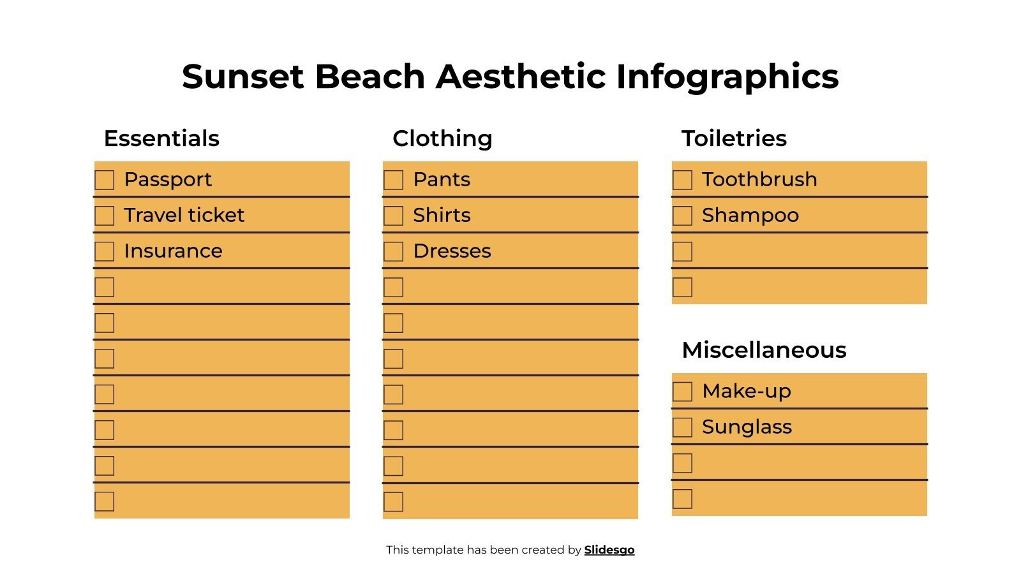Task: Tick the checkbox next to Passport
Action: click(x=105, y=180)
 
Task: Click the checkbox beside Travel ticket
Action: click(x=105, y=216)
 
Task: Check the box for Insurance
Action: click(x=105, y=251)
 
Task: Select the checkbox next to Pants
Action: click(x=393, y=180)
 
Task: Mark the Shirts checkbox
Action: click(x=393, y=216)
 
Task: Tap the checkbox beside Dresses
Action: click(x=393, y=251)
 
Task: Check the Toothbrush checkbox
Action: click(x=682, y=180)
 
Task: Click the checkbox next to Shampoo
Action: click(x=682, y=216)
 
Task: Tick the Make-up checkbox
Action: click(x=682, y=392)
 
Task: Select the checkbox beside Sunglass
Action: click(x=682, y=427)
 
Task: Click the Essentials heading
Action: click(x=161, y=138)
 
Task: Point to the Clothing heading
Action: click(x=442, y=138)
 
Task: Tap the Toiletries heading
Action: click(x=734, y=138)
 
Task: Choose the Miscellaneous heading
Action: click(x=764, y=350)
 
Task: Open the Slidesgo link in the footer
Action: click(x=609, y=550)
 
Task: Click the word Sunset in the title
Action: click(x=242, y=77)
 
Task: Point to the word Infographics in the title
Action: click(x=727, y=78)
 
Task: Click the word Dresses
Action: click(x=452, y=251)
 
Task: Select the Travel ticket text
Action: click(x=184, y=215)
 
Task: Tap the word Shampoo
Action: click(x=750, y=216)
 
